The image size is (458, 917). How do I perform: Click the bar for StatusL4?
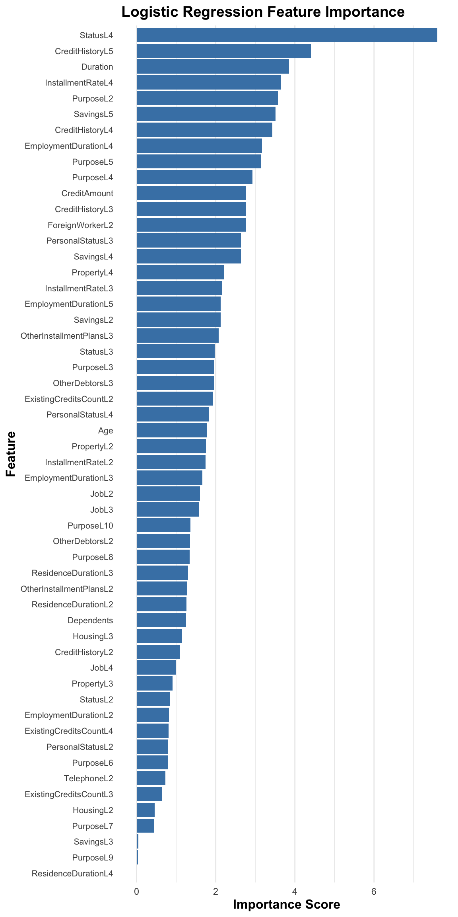click(x=286, y=35)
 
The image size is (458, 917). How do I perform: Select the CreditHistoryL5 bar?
click(x=223, y=51)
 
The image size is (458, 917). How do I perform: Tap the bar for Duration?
click(x=213, y=67)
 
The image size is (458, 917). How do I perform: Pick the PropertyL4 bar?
click(x=180, y=273)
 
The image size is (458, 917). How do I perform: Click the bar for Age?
click(x=171, y=431)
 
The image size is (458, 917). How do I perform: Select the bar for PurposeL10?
click(x=163, y=525)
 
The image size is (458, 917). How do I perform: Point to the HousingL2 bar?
click(x=146, y=810)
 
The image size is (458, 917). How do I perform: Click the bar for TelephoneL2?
click(x=151, y=778)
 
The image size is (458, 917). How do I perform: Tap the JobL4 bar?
click(x=156, y=668)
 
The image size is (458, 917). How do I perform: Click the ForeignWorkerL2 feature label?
click(x=80, y=225)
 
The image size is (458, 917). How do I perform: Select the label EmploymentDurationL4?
click(x=69, y=146)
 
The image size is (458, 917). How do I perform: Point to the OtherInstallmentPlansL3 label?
click(x=67, y=336)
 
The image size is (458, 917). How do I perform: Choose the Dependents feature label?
click(x=90, y=620)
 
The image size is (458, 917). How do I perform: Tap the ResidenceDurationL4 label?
click(x=72, y=874)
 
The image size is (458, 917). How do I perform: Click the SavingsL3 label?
click(x=93, y=842)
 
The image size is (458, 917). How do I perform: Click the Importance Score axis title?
click(x=286, y=905)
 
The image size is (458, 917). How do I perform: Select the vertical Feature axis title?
click(x=11, y=454)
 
